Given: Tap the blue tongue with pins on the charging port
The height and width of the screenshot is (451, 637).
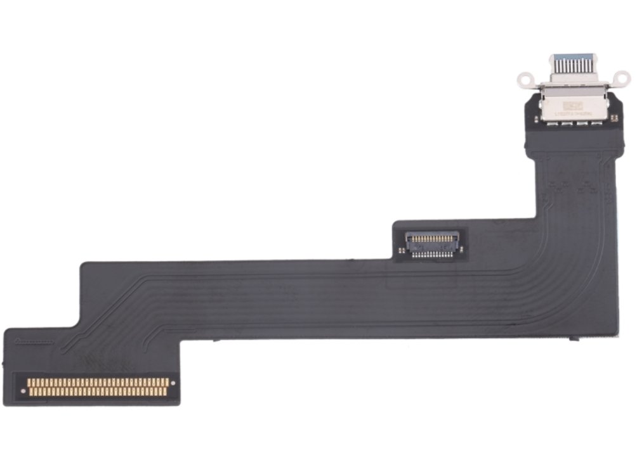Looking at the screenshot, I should coord(573,64).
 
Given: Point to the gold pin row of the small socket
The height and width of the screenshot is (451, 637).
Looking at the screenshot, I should coord(431,239).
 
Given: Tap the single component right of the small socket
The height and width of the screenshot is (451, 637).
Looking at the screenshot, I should coord(462,249).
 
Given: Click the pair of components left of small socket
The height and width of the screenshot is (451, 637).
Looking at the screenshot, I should coord(402,250).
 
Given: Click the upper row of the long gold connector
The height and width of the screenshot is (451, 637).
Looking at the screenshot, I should coord(98,382).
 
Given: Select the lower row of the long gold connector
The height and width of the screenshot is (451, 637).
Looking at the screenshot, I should coord(98,392).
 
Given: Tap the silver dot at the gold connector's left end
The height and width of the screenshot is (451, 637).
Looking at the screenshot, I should coord(23,391).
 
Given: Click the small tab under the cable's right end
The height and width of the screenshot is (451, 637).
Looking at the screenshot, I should coord(574,339).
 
